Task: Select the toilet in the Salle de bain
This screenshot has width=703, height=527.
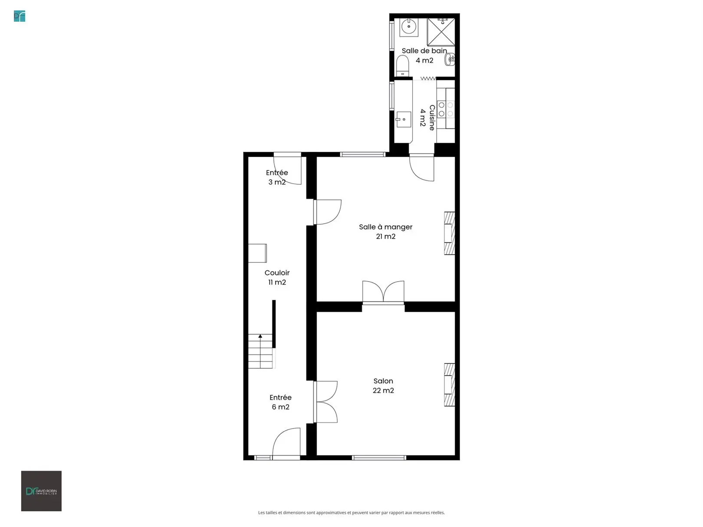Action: (x=402, y=66)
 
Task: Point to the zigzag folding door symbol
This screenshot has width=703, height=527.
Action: (x=428, y=79)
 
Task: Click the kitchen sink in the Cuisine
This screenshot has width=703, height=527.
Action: (x=404, y=119)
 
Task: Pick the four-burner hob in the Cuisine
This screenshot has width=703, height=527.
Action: (x=446, y=109)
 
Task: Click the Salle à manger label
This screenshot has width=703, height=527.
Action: (x=386, y=227)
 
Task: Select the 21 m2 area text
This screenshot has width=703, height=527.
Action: (x=386, y=236)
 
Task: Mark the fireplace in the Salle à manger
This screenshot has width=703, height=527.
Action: (x=449, y=233)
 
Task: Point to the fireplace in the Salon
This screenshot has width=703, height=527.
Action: (x=449, y=385)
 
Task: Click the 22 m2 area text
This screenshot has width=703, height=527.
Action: (x=383, y=390)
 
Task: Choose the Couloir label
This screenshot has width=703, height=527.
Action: (x=277, y=273)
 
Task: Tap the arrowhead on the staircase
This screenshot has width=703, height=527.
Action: (x=260, y=336)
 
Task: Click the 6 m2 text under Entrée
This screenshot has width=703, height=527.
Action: (x=281, y=407)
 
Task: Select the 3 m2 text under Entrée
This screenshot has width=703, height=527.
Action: (x=277, y=182)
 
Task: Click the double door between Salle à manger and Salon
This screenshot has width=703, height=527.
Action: (x=383, y=291)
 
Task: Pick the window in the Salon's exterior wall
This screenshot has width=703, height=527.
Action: (x=379, y=458)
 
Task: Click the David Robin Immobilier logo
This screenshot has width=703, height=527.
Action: (x=41, y=491)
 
